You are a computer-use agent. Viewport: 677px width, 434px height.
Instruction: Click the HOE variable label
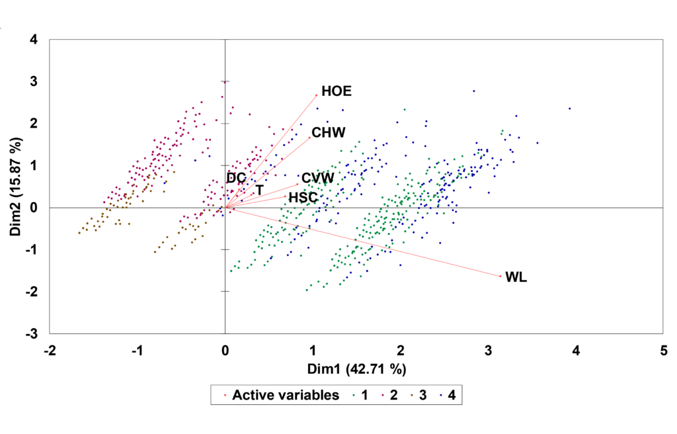[337, 91]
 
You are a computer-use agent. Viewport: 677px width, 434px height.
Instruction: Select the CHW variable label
[329, 133]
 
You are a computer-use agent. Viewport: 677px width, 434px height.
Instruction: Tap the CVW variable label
[318, 178]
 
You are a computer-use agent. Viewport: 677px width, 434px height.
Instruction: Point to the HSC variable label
[303, 198]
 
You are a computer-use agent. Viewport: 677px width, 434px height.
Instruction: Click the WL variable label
[516, 277]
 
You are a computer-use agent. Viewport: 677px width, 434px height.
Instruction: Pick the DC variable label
[236, 178]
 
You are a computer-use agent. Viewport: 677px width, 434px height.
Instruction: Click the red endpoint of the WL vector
[501, 277]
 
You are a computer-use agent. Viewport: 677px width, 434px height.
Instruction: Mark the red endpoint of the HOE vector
[317, 95]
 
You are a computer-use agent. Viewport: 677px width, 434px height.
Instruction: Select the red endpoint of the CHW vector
[309, 138]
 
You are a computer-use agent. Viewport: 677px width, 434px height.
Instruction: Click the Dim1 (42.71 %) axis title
[356, 369]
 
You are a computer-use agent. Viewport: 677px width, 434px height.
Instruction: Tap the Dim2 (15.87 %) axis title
[16, 187]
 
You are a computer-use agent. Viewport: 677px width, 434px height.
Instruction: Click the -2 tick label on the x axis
[50, 351]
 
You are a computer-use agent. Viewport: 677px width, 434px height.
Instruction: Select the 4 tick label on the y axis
[34, 40]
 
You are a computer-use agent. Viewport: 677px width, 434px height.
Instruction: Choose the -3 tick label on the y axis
[32, 333]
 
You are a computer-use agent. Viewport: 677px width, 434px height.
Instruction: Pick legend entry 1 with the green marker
[360, 395]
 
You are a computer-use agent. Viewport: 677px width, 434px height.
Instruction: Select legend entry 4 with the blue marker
[448, 395]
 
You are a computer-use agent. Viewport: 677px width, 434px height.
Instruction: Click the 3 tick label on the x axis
[489, 351]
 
